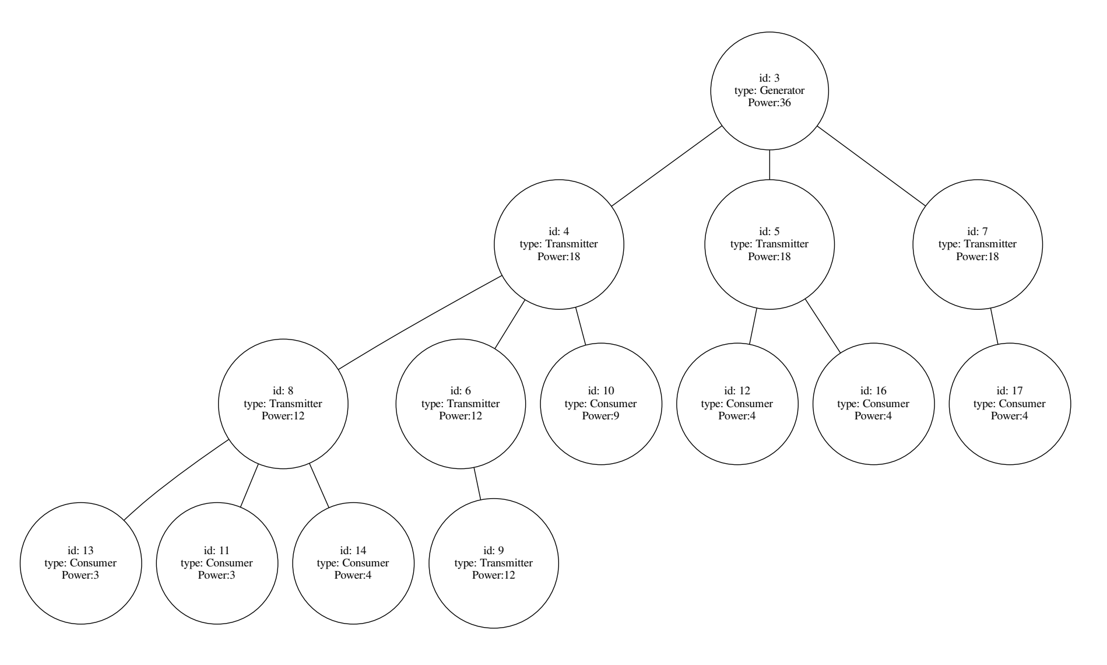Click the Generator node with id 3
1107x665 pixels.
769,90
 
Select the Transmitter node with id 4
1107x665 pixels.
558,244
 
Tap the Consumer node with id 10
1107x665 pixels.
601,404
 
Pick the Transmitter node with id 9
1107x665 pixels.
493,563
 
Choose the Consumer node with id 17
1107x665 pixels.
1009,404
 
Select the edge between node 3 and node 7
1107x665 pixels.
871,166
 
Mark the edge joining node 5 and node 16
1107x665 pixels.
823,327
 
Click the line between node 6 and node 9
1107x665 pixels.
478,484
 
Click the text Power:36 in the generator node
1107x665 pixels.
769,103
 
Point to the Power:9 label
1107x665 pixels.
601,416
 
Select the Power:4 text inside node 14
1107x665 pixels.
353,575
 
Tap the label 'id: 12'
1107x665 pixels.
737,391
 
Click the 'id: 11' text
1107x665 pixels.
216,550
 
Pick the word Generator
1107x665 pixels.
782,90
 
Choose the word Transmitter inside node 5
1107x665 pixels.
782,244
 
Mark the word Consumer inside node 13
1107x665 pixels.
93,563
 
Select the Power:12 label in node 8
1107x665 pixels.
283,416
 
